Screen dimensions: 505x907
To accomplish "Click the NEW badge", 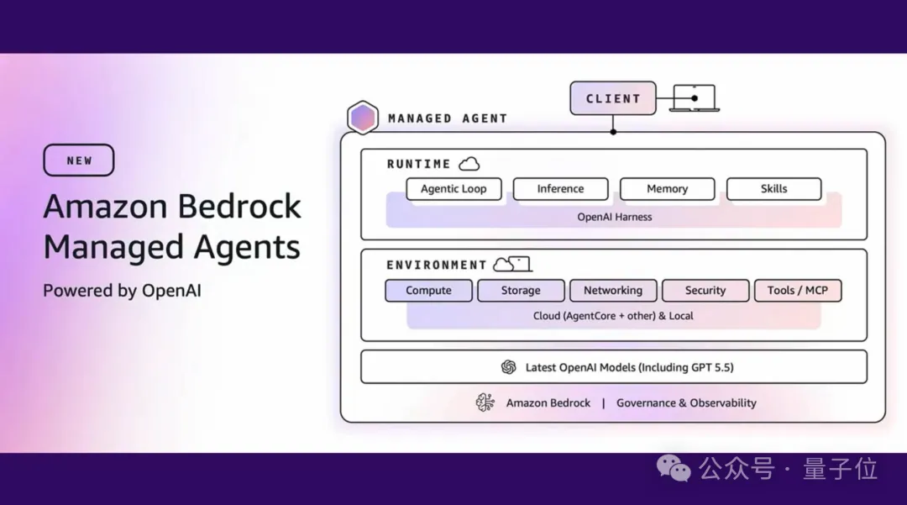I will coord(79,160).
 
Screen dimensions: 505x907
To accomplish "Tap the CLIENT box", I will coord(612,98).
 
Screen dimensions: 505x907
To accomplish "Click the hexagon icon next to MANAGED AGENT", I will coord(363,118).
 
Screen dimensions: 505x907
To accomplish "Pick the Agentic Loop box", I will coord(453,189).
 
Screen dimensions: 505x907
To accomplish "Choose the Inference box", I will coord(560,189).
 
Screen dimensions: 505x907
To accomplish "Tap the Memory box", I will coord(667,189).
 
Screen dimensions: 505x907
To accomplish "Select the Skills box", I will coord(773,189).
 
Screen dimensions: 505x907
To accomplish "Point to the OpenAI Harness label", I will coord(614,217).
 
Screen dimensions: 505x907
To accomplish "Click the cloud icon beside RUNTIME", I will coord(469,164).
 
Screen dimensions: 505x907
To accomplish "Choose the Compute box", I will coord(428,291).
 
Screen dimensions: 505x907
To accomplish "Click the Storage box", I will coord(521,291).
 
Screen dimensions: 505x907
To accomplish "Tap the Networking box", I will coord(613,291).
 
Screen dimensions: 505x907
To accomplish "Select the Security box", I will coord(705,291).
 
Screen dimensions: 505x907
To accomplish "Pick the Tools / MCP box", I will coord(797,291).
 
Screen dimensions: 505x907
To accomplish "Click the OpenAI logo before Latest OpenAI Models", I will coord(508,367).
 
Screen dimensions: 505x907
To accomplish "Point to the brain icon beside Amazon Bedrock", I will coord(485,402).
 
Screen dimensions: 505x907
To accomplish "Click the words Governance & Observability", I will coord(686,403).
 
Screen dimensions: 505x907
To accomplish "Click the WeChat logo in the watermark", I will coord(674,469).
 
